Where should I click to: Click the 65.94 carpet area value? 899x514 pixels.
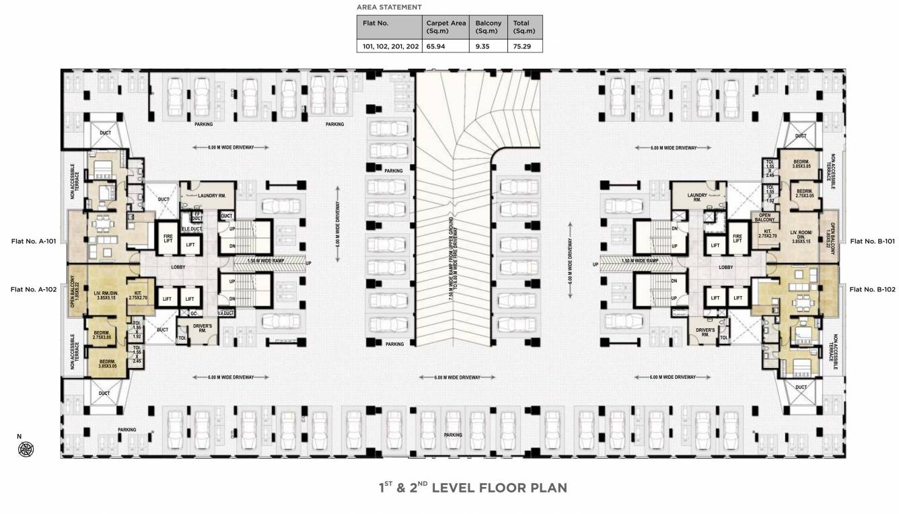coord(435,46)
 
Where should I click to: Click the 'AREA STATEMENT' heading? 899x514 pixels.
coord(389,7)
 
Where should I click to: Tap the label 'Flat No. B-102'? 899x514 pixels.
coord(872,289)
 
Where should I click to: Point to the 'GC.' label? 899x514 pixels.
coord(192,314)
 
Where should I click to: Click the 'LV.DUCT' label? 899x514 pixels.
coord(225,314)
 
